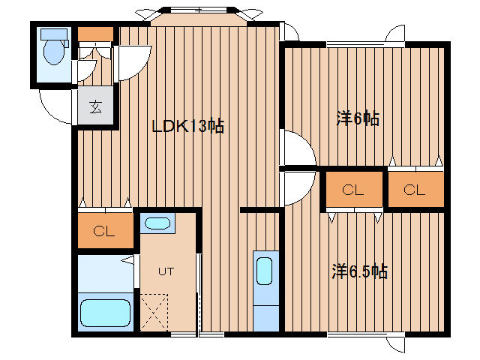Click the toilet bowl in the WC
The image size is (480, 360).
click(52, 53)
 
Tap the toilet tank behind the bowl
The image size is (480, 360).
click(52, 34)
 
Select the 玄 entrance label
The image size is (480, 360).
click(95, 106)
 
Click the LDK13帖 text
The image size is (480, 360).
click(187, 127)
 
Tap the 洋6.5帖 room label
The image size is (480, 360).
click(359, 271)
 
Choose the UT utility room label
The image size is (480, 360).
click(166, 271)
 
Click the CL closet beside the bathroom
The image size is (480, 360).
click(105, 231)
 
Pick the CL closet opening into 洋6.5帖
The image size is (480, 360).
click(353, 190)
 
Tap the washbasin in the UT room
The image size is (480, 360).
click(157, 223)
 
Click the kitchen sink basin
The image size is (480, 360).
click(265, 271)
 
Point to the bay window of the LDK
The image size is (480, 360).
click(198, 16)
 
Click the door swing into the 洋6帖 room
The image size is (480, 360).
click(296, 147)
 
